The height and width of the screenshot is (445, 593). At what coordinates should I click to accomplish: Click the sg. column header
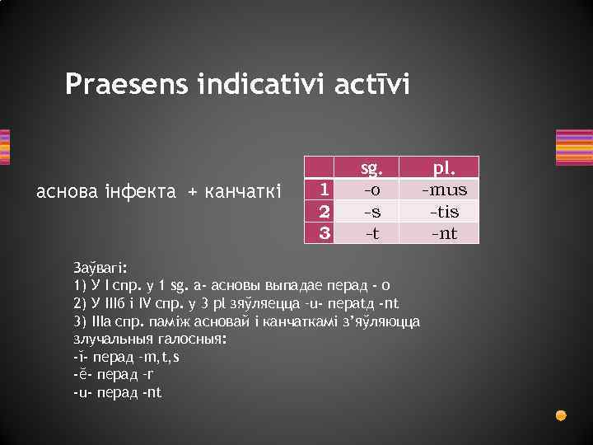(x=372, y=169)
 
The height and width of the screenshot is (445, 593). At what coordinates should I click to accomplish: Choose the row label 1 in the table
(x=325, y=190)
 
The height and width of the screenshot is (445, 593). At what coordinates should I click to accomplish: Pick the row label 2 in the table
(x=325, y=211)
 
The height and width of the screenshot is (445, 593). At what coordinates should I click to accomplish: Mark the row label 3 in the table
(x=325, y=232)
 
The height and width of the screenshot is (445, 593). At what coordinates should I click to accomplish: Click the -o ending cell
(x=372, y=190)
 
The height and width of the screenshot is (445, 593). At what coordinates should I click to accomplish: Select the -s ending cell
(x=372, y=211)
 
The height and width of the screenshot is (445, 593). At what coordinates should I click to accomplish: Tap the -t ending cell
(x=372, y=232)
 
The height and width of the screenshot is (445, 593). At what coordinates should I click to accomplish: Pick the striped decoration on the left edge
(x=4, y=148)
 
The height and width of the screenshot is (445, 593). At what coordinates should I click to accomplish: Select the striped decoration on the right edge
(x=574, y=148)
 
